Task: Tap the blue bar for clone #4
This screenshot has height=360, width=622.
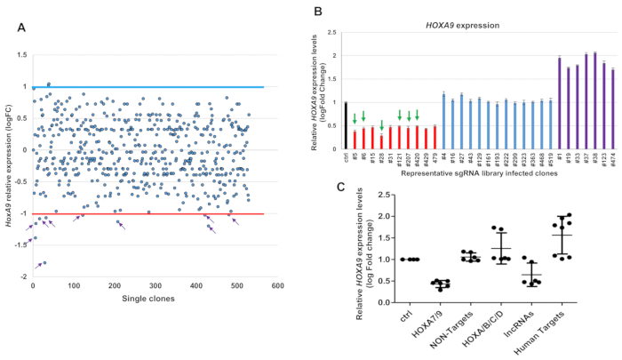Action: tap(443, 121)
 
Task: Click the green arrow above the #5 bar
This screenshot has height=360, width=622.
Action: tap(355, 118)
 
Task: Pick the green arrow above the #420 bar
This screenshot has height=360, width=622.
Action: tap(417, 116)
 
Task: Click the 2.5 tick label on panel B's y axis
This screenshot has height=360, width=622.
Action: tap(331, 33)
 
